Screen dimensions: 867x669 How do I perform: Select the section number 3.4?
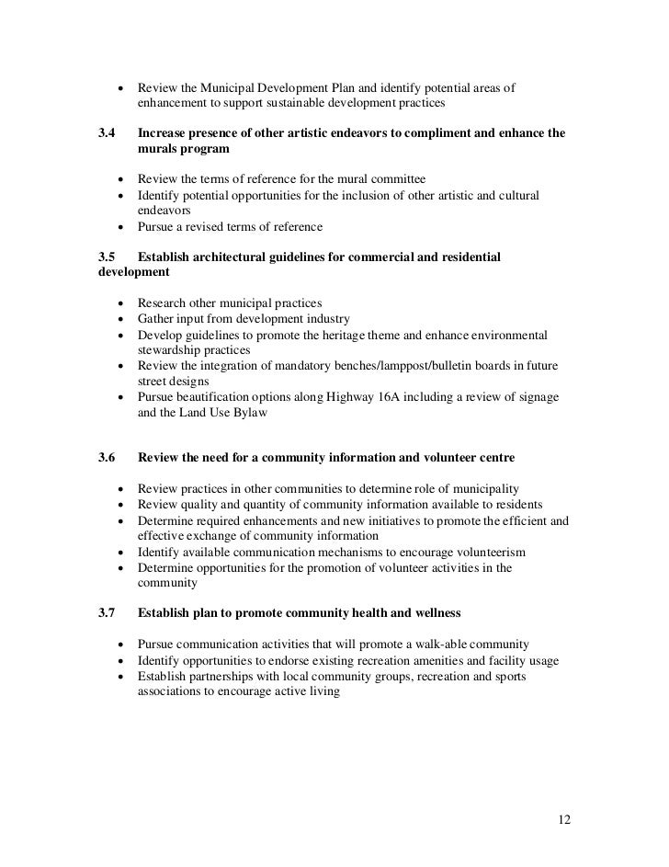pyautogui.click(x=106, y=133)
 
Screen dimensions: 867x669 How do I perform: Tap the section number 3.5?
pyautogui.click(x=106, y=257)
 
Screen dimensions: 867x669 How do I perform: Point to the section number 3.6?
pyautogui.click(x=106, y=457)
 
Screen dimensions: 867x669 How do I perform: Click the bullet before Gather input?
pyautogui.click(x=121, y=319)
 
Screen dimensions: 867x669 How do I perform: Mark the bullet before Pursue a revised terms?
pyautogui.click(x=121, y=226)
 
